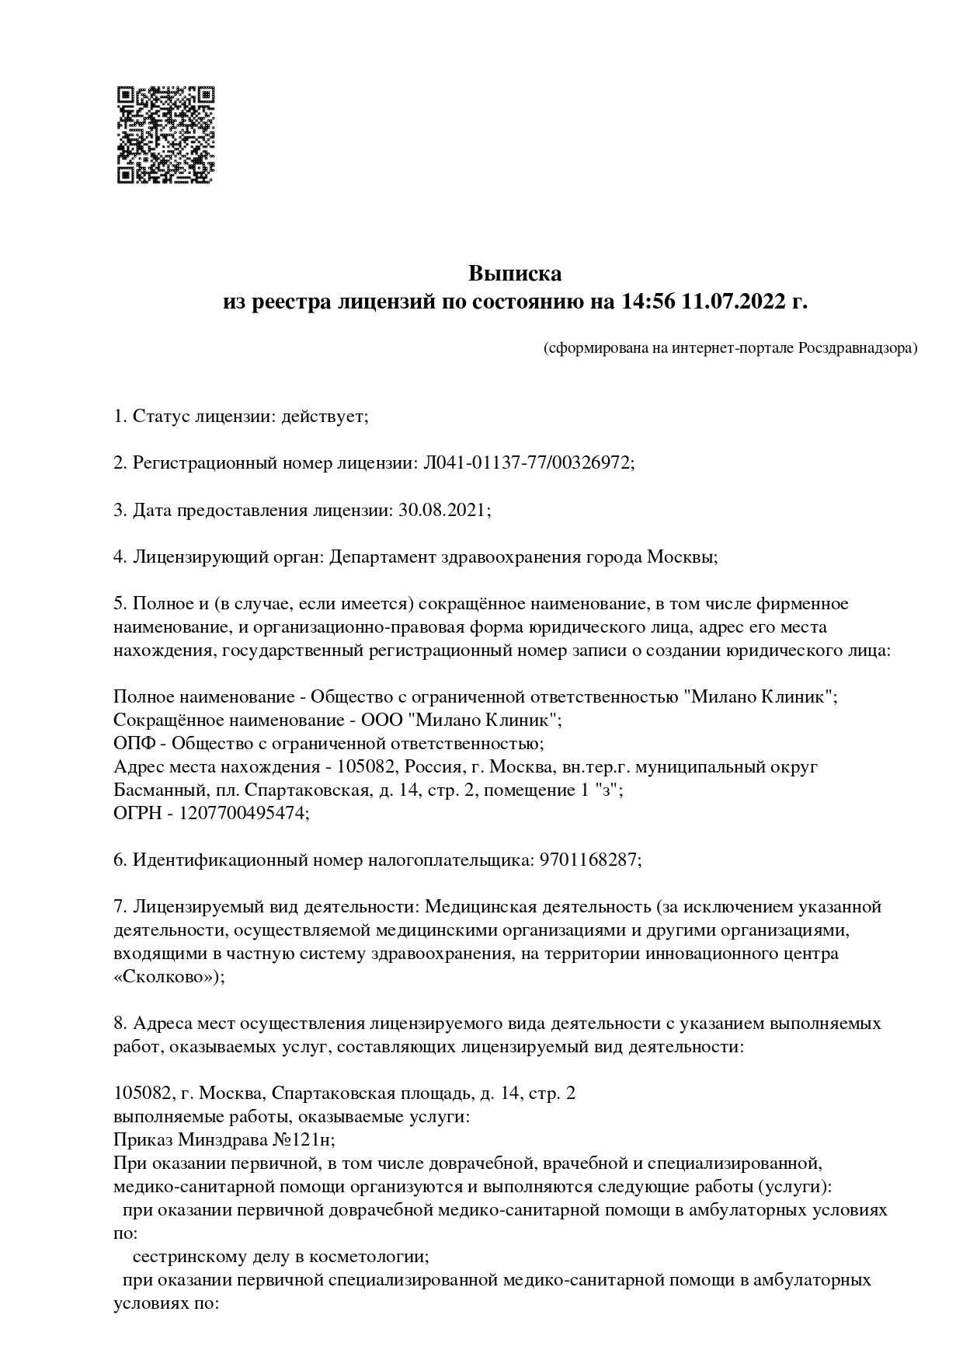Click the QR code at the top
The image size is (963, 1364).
[x=165, y=134]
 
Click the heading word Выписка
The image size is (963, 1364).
[x=514, y=274]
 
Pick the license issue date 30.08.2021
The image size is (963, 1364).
[x=442, y=510]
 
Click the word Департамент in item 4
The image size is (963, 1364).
[x=381, y=556]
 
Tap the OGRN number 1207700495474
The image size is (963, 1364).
[x=244, y=813]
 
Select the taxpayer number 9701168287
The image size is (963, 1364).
[x=588, y=860]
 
